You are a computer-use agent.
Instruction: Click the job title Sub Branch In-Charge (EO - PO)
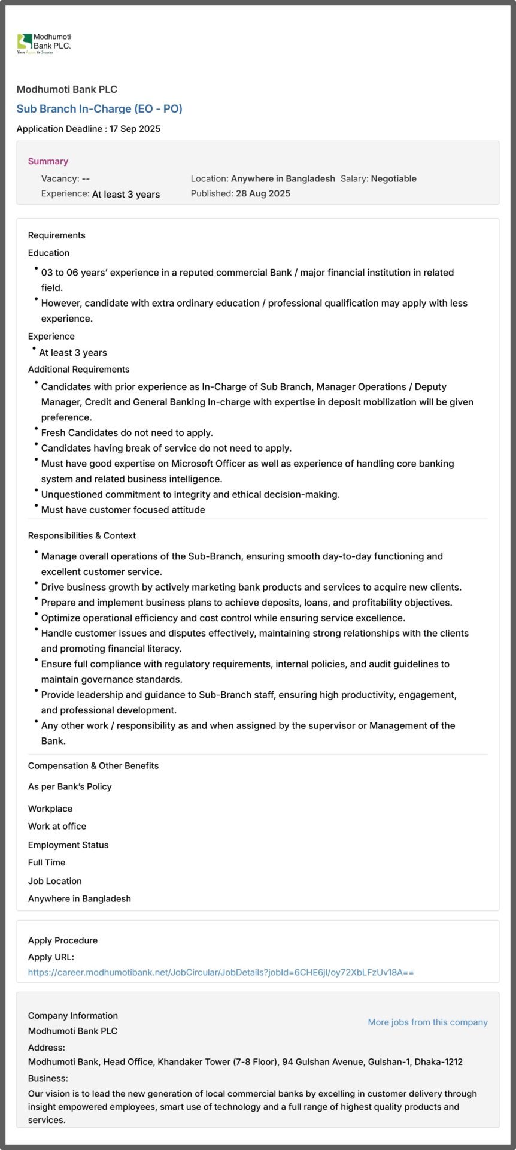pos(99,108)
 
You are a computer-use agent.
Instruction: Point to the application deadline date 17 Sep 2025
pos(135,129)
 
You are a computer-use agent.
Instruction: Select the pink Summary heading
pos(48,161)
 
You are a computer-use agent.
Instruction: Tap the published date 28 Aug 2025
pos(263,193)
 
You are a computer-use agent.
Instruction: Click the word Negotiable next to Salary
pos(393,178)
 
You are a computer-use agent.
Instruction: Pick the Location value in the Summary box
pos(283,178)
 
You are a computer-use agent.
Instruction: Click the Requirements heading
pos(56,235)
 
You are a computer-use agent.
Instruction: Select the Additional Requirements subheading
pos(78,370)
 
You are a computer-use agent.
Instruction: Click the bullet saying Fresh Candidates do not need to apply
pos(127,432)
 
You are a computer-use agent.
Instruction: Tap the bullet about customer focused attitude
pos(123,510)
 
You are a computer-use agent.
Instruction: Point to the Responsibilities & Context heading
pos(81,535)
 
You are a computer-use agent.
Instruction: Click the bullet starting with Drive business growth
pos(251,587)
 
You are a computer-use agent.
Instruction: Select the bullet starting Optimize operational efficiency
pos(223,618)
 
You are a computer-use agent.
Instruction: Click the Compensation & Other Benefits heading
pos(93,765)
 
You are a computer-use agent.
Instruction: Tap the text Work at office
pos(57,826)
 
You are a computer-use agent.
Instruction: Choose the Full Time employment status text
pos(47,862)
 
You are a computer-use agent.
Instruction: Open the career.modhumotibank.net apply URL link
pos(220,972)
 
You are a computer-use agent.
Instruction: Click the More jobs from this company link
pos(427,1022)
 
